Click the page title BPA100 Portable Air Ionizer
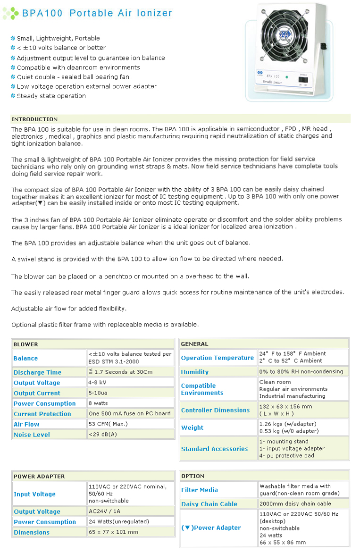click(97, 13)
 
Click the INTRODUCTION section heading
click(34, 119)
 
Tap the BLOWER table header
click(26, 344)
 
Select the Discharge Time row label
click(37, 372)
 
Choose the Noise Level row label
click(32, 435)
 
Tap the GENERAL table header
click(194, 344)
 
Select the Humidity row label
click(195, 372)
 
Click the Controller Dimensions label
click(216, 410)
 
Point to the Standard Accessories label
click(215, 449)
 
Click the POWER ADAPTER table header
click(39, 476)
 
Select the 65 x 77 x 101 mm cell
click(113, 532)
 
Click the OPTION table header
click(193, 476)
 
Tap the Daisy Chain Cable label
click(209, 504)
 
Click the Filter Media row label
click(200, 490)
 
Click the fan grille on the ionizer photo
click(283, 36)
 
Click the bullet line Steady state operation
click(51, 96)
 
